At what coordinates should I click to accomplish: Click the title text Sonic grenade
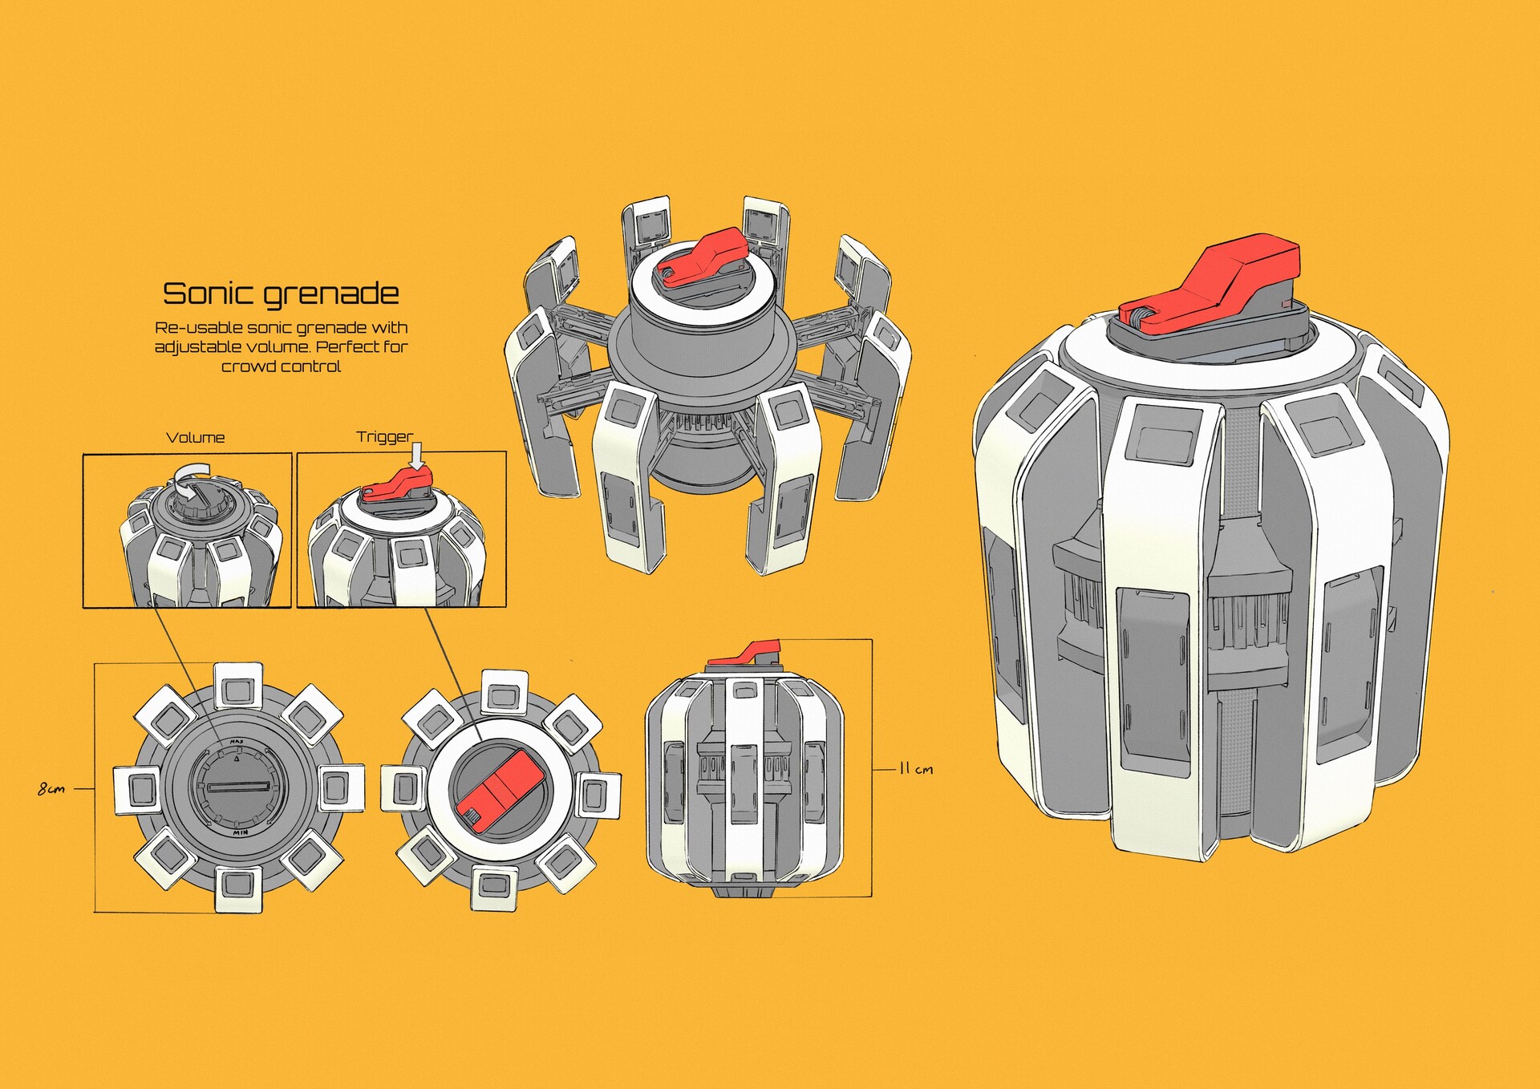(x=281, y=294)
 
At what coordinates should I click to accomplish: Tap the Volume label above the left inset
(x=195, y=438)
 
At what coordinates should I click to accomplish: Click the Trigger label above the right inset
(x=384, y=437)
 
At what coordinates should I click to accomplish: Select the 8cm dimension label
(x=51, y=789)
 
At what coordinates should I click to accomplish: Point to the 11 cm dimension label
(x=915, y=769)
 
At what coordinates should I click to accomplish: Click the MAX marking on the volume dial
(x=237, y=742)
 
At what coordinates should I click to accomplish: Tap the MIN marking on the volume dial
(x=240, y=833)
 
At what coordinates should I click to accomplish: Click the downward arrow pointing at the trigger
(x=416, y=456)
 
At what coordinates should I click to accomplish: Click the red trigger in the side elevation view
(x=746, y=654)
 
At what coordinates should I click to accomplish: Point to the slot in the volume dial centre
(x=238, y=787)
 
